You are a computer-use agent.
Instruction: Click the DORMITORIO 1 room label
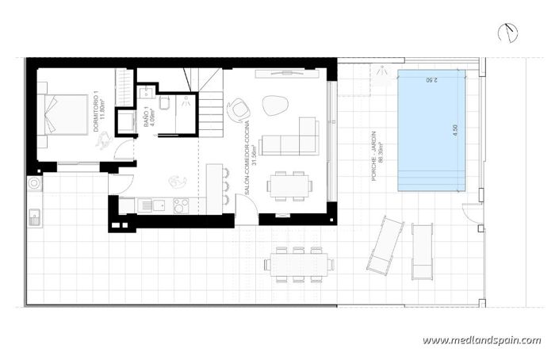(x=99, y=117)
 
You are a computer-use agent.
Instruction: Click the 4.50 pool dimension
(x=456, y=131)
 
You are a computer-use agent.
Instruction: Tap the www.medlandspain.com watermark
(x=481, y=340)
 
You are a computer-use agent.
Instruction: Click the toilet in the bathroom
(x=164, y=105)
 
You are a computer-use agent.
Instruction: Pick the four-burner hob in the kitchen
(x=182, y=205)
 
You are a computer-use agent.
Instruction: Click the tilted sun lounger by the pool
(x=385, y=245)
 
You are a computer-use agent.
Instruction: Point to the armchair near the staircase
(x=237, y=110)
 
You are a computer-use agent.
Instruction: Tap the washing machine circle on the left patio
(x=34, y=183)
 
